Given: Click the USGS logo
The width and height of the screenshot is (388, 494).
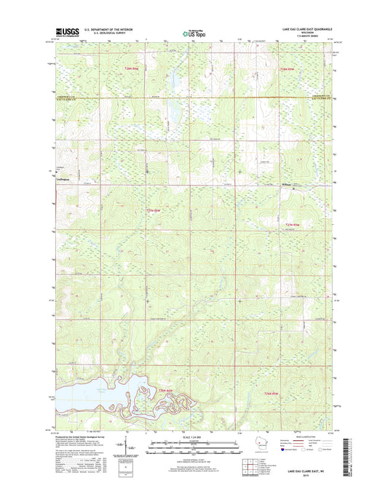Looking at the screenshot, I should tap(65, 32).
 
